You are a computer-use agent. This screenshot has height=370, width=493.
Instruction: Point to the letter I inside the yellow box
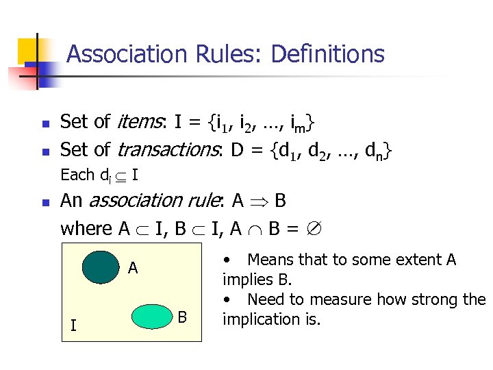click(x=73, y=325)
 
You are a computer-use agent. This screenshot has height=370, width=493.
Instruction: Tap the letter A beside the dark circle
click(x=134, y=268)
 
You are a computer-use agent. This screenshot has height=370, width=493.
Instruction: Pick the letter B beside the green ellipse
click(x=182, y=317)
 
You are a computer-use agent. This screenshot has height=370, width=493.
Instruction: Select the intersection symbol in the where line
click(x=255, y=229)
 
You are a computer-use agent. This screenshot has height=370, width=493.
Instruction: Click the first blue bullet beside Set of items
click(x=45, y=125)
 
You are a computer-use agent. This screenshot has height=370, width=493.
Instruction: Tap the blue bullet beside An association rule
click(x=45, y=203)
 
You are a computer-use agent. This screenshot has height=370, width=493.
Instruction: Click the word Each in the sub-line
click(x=77, y=175)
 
